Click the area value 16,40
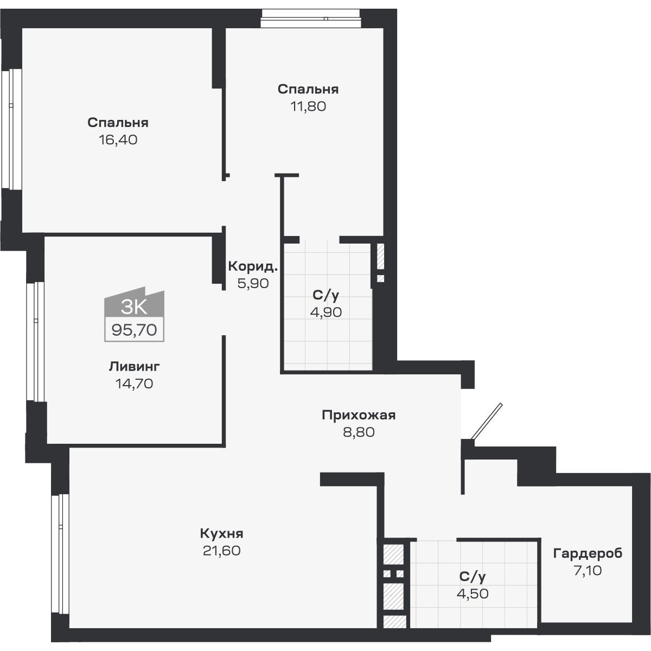click(x=118, y=140)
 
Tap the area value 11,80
click(x=308, y=106)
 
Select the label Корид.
click(x=253, y=266)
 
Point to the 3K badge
click(x=134, y=306)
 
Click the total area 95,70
click(x=134, y=329)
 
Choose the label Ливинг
click(x=134, y=367)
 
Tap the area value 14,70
click(x=134, y=384)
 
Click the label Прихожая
click(x=359, y=416)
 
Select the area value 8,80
click(x=359, y=432)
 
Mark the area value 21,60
click(x=221, y=550)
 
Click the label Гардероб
click(x=588, y=553)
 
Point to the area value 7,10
click(x=588, y=571)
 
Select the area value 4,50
click(x=473, y=593)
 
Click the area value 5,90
click(x=253, y=283)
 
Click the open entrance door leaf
click(x=487, y=420)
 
